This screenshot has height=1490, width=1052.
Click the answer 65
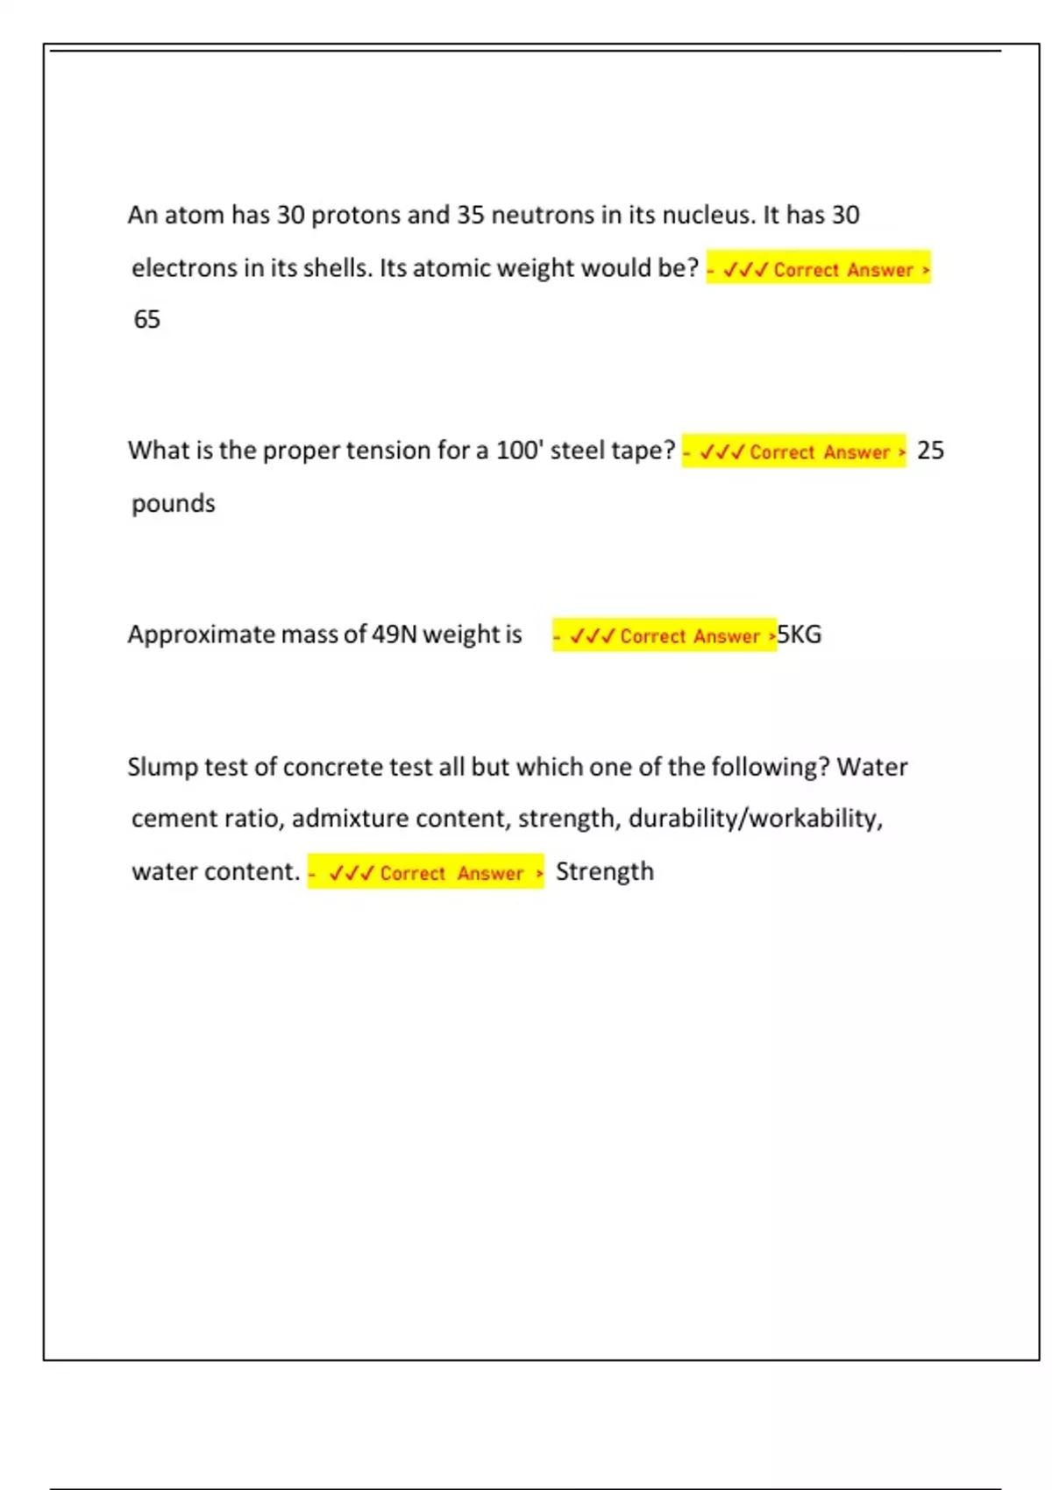(146, 319)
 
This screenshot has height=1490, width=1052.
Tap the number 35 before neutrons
(470, 215)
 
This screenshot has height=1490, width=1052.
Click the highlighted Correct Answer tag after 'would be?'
(818, 268)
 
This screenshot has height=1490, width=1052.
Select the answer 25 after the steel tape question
(930, 451)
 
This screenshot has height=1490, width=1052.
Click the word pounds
(173, 504)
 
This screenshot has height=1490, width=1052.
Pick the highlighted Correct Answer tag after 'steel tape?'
(793, 451)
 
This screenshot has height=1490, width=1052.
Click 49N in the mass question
(394, 634)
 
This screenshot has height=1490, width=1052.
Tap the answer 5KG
(800, 634)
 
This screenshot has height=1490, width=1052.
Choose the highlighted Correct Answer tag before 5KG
(664, 635)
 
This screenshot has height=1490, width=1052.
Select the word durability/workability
(755, 819)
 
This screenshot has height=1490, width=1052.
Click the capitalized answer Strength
(605, 871)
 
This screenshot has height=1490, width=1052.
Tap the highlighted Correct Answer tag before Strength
(425, 872)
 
